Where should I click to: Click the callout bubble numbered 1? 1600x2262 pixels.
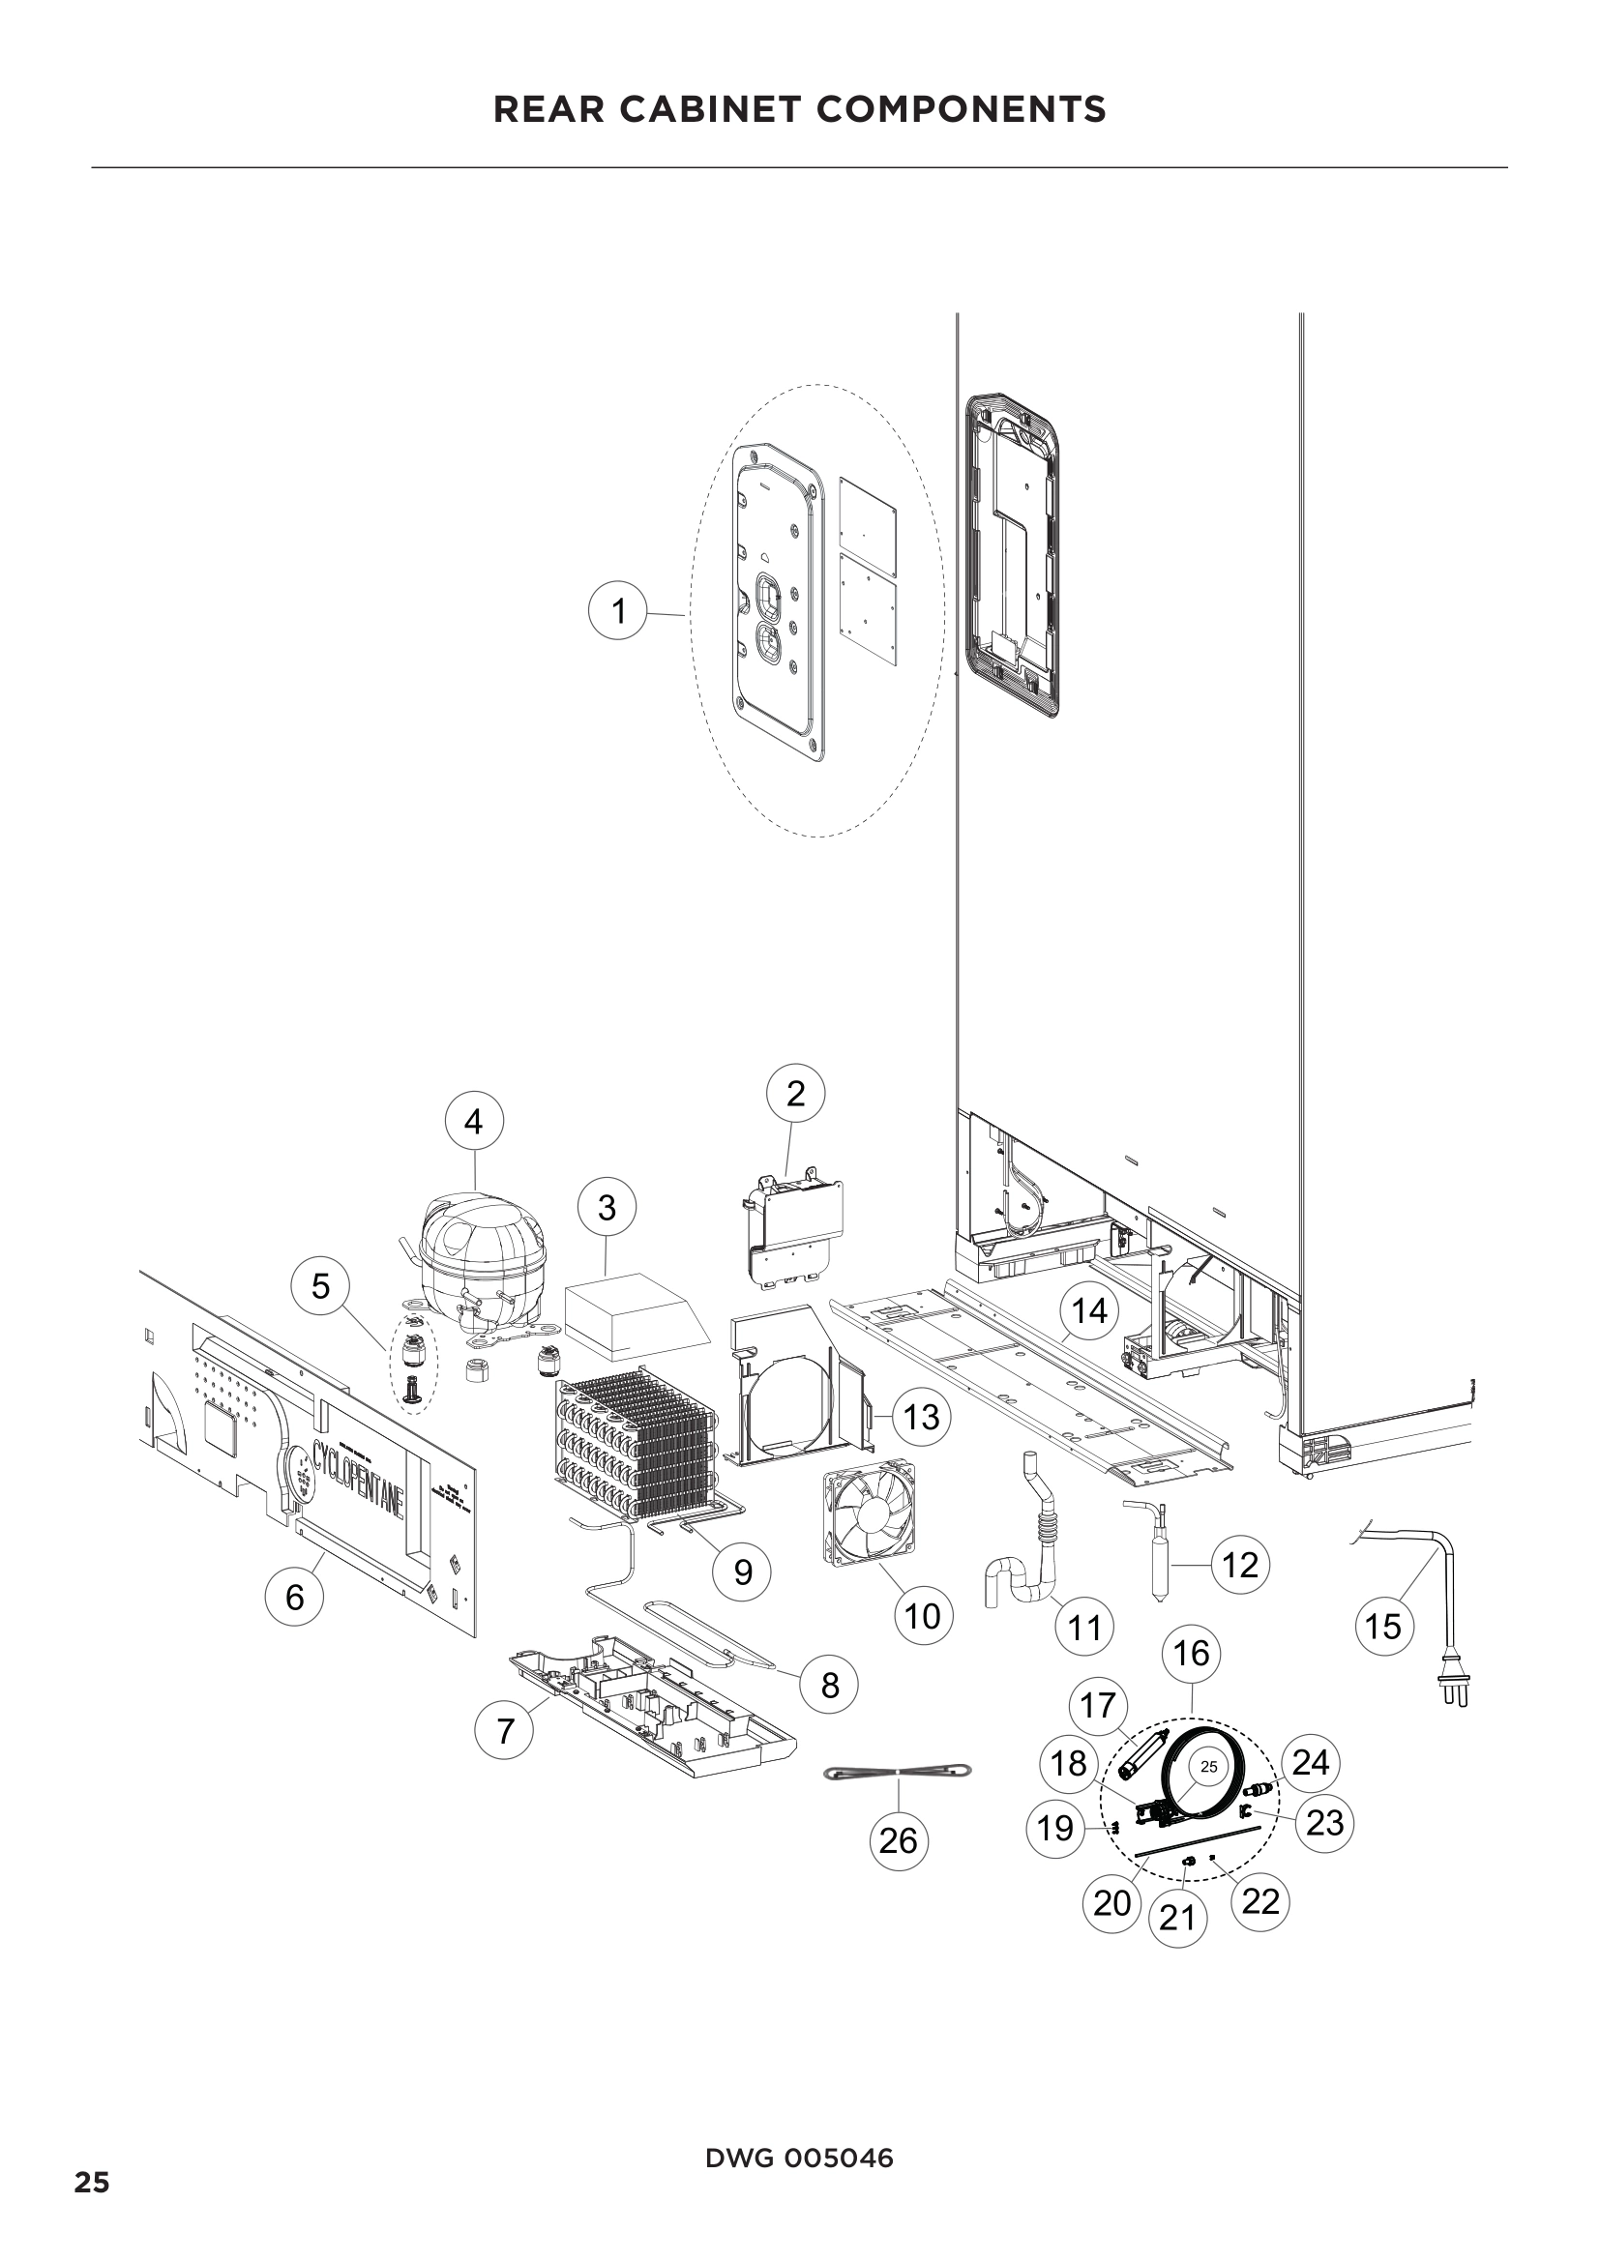618,612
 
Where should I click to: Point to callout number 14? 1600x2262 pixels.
1089,1311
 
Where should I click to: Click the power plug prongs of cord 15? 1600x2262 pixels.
1454,1693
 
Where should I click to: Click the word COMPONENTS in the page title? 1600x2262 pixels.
961,109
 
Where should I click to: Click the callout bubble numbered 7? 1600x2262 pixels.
504,1730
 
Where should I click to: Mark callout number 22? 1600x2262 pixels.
1260,1901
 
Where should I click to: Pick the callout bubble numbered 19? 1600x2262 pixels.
1055,1829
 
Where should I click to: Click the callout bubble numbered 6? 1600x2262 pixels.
295,1596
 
